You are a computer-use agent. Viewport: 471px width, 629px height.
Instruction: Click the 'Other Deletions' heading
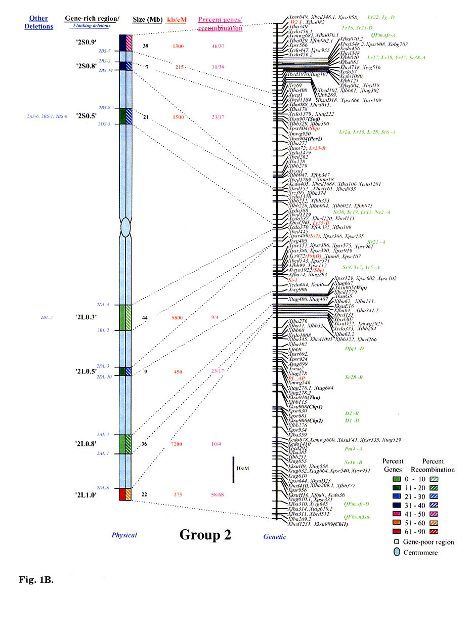pos(38,23)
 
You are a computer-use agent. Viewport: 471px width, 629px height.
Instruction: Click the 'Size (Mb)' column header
pos(147,20)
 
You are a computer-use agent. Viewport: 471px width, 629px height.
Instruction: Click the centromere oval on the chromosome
pos(126,228)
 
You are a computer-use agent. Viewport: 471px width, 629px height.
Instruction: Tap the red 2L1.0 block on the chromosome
pos(122,494)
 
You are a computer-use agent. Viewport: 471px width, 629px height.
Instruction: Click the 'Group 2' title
pos(205,535)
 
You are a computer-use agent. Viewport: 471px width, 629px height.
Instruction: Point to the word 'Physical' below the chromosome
pos(124,535)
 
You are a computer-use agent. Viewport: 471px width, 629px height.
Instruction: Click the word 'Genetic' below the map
pos(274,537)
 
